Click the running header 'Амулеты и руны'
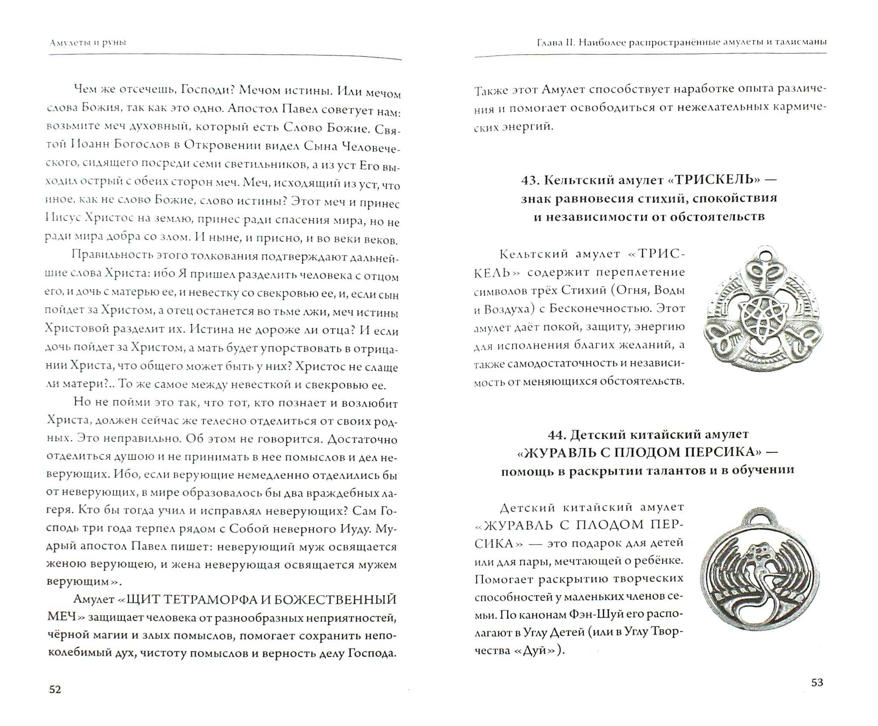click(x=88, y=43)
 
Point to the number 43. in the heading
click(x=530, y=180)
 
